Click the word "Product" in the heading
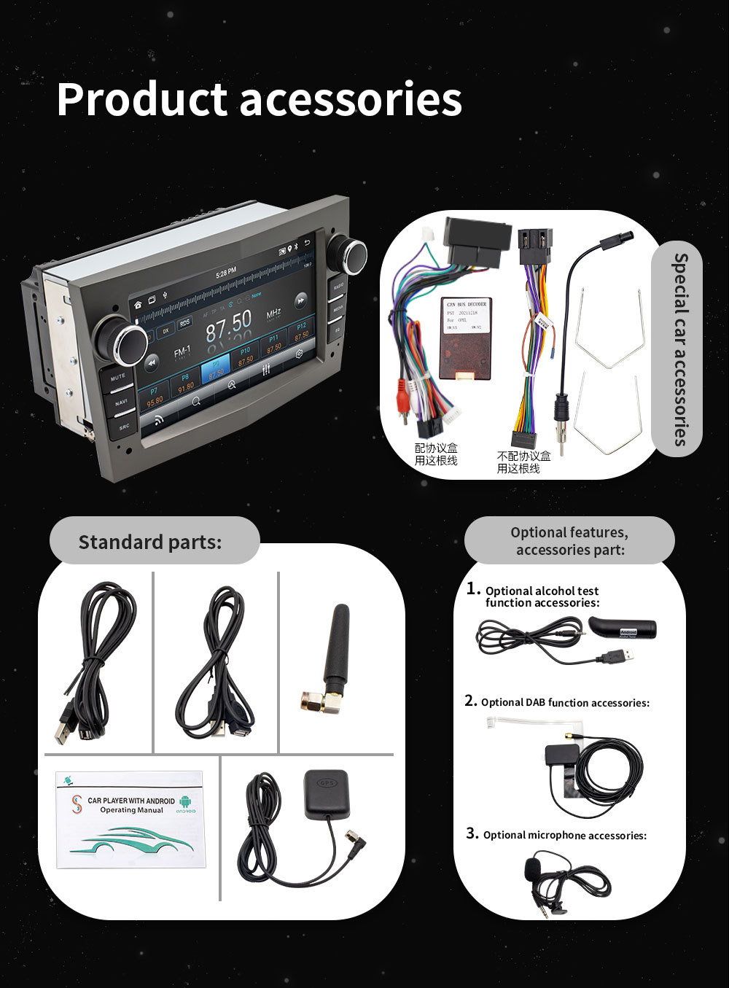142,100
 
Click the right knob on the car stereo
348,252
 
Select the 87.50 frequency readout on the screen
228,325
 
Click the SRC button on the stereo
124,427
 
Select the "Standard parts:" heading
150,542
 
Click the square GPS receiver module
325,790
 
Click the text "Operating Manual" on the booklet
132,810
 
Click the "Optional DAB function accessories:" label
565,703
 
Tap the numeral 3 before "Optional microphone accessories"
472,833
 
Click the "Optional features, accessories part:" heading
569,541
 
